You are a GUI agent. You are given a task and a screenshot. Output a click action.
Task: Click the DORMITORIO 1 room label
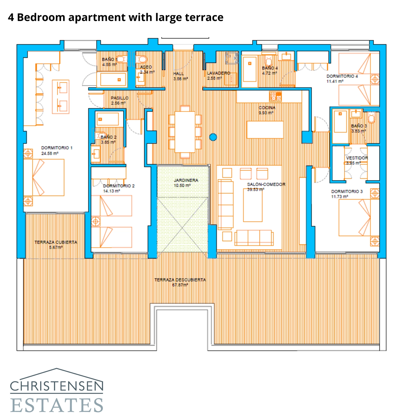click(57, 148)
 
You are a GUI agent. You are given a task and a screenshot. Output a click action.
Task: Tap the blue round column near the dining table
click(213, 137)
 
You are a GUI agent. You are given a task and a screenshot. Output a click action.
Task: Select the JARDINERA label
click(186, 180)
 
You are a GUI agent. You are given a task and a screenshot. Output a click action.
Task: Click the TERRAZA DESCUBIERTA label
click(180, 280)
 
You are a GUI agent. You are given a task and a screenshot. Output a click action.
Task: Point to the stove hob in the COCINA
click(275, 96)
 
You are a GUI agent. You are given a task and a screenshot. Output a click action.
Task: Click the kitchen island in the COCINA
click(265, 130)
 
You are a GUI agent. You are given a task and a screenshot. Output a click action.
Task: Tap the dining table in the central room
click(185, 132)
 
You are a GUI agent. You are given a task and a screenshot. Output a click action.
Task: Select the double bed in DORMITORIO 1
click(44, 177)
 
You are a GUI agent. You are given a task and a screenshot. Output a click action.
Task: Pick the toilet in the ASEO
click(142, 59)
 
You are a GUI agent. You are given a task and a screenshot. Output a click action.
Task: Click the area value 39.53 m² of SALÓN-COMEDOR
click(255, 190)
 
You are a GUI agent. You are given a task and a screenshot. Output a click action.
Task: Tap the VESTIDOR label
click(357, 158)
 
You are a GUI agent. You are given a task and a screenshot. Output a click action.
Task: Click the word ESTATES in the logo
click(57, 405)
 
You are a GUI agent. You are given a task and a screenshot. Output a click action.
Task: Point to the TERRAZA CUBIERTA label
click(56, 242)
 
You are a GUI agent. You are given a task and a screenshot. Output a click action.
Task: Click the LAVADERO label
click(218, 73)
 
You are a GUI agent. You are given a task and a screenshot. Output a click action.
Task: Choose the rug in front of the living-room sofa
click(253, 205)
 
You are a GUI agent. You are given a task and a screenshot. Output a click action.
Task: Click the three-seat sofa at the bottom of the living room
click(254, 238)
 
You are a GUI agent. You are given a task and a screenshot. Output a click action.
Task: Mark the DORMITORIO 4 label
click(342, 76)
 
